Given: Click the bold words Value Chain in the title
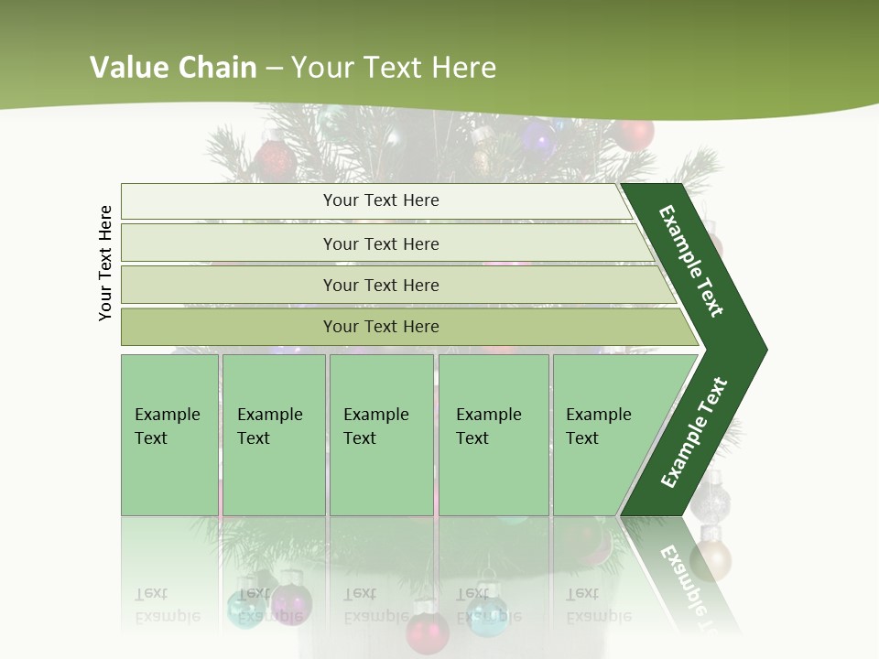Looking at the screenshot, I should click(x=173, y=68).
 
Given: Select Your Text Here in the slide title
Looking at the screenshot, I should click(x=394, y=68).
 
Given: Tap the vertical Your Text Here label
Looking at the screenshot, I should click(x=105, y=263).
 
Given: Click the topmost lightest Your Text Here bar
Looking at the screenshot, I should click(x=381, y=200).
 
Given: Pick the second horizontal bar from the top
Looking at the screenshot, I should click(x=381, y=243).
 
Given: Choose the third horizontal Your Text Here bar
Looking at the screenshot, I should click(x=381, y=285).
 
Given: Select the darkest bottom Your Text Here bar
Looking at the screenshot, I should click(x=381, y=327).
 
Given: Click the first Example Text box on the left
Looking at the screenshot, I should click(x=169, y=435).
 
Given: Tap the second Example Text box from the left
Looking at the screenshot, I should click(x=273, y=435).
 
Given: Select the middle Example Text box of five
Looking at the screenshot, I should click(x=381, y=435).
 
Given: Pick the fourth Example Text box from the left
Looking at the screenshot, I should click(x=493, y=435).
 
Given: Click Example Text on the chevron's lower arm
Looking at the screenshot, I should click(x=694, y=432).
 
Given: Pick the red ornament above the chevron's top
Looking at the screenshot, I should click(x=634, y=134).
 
